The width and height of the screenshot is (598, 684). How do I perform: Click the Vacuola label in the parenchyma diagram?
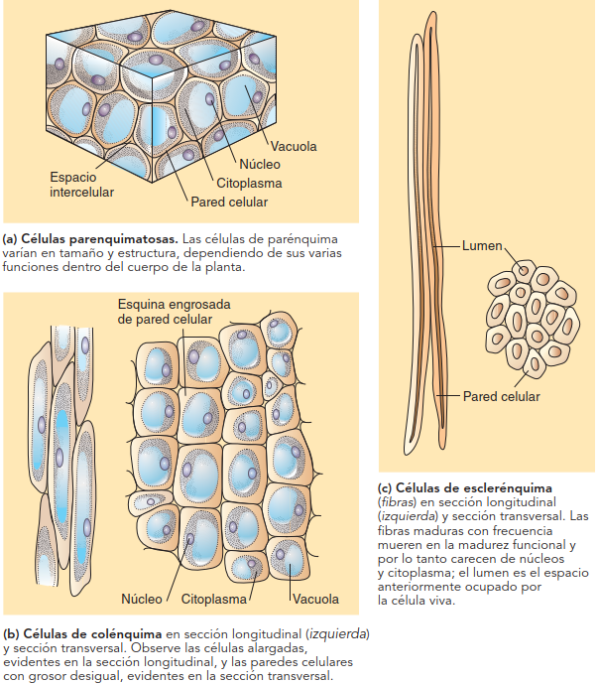pos(294,146)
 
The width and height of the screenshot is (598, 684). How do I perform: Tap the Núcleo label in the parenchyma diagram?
pos(260,164)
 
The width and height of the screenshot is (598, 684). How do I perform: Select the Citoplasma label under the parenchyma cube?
pos(249,183)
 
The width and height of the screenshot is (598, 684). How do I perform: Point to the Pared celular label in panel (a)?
pos(229,202)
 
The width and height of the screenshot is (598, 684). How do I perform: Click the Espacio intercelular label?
pos(82,184)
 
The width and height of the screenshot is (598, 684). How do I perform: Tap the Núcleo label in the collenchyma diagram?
pos(142,599)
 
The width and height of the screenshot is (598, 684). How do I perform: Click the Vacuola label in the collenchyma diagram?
pos(315,599)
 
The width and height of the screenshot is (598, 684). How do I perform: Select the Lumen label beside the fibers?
pos(483,244)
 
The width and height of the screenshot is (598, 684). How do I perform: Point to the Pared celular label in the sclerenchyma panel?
pos(501,396)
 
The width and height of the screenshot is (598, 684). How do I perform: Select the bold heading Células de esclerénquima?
pos(476,487)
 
